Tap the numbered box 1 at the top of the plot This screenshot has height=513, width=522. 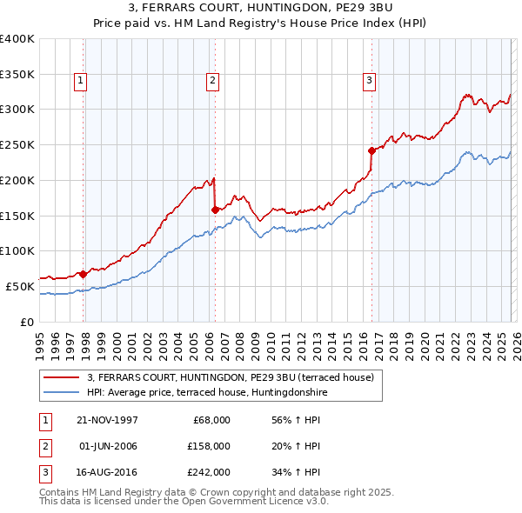80,81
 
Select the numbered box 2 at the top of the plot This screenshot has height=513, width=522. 211,81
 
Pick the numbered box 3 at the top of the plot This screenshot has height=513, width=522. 369,81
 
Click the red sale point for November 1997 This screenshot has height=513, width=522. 84,273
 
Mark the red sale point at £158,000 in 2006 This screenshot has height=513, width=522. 215,210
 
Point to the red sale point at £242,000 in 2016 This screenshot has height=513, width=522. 371,150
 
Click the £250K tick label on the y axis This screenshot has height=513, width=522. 17,145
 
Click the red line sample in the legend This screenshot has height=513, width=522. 62,377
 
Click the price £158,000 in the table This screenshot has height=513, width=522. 208,446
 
